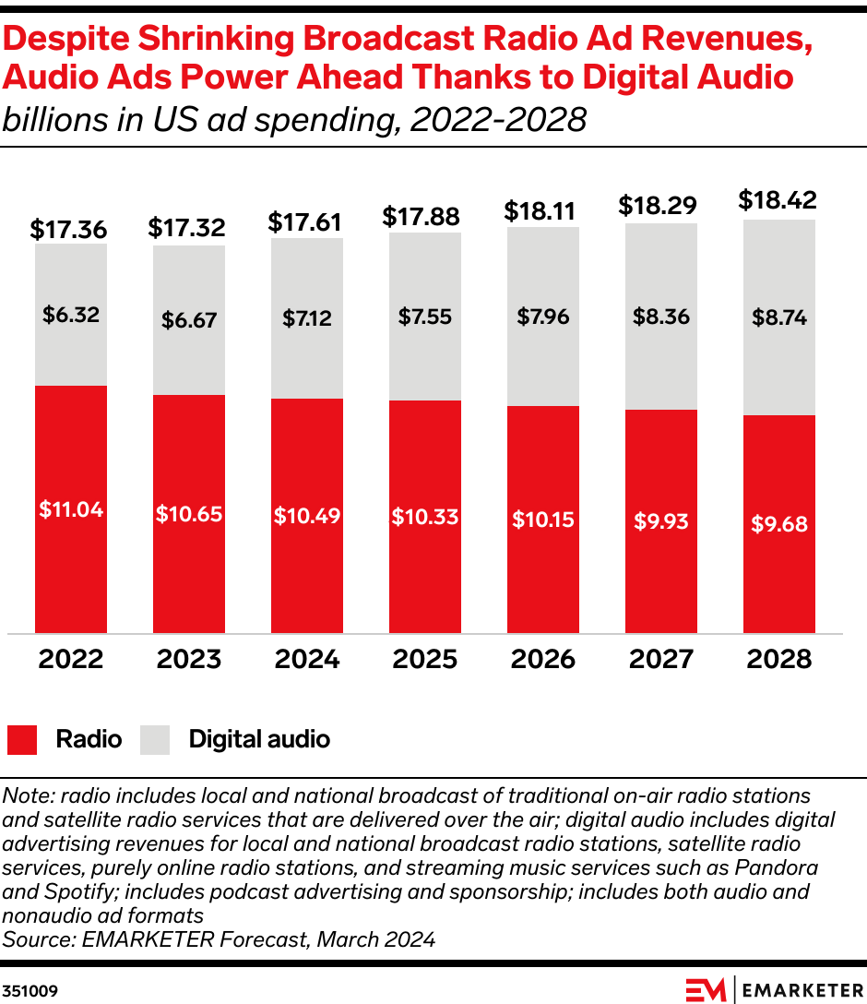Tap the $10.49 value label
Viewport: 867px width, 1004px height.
pyautogui.click(x=307, y=516)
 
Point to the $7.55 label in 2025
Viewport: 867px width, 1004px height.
pyautogui.click(x=424, y=317)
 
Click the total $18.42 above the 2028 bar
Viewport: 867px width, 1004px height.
pyautogui.click(x=778, y=200)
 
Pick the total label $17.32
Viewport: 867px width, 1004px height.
pyautogui.click(x=188, y=227)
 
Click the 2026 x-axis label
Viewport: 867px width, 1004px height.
pyautogui.click(x=542, y=659)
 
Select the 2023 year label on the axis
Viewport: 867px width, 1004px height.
pyautogui.click(x=188, y=659)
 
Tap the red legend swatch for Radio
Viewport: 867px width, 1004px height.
pyautogui.click(x=22, y=739)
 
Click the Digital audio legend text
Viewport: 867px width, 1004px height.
pyautogui.click(x=259, y=739)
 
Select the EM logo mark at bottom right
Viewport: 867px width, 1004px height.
pyautogui.click(x=706, y=989)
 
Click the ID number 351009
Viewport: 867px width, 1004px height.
pyautogui.click(x=30, y=991)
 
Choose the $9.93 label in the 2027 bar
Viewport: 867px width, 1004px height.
pyautogui.click(x=660, y=521)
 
